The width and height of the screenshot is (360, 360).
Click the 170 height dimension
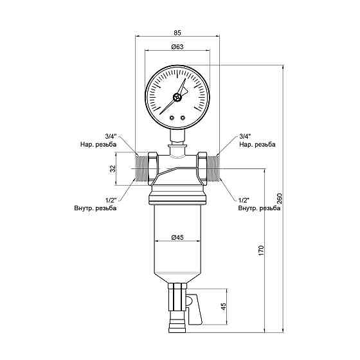click(261, 249)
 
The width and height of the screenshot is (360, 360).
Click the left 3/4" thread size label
click(111, 136)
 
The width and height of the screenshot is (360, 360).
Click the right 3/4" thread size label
click(244, 136)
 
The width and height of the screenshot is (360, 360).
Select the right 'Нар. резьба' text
click(256, 145)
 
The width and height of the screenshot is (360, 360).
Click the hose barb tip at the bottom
click(177, 330)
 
